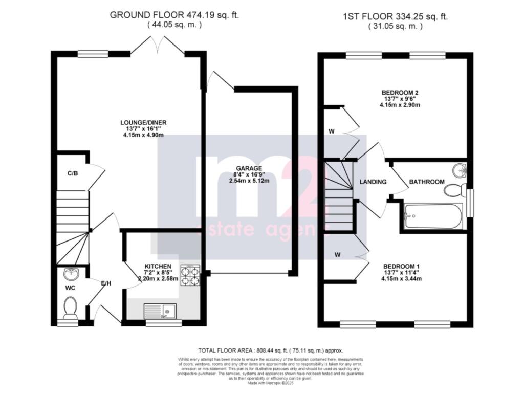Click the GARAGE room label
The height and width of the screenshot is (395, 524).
(x=249, y=168)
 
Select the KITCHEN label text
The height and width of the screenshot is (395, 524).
(x=158, y=267)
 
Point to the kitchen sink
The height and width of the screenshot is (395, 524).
(x=160, y=311)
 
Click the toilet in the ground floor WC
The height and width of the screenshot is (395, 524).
(x=70, y=308)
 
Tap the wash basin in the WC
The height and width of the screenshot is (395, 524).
(x=71, y=275)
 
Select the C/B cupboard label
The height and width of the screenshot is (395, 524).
(x=73, y=173)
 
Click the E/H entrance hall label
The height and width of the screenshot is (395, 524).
(x=106, y=283)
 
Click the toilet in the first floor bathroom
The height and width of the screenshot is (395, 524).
(x=453, y=191)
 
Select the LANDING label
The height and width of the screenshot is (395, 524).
(x=373, y=182)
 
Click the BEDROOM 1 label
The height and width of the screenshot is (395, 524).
(x=402, y=267)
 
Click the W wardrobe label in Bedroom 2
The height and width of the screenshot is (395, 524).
(x=332, y=131)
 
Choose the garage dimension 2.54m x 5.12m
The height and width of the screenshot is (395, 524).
(x=249, y=181)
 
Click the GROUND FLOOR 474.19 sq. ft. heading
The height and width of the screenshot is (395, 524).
(x=174, y=15)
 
